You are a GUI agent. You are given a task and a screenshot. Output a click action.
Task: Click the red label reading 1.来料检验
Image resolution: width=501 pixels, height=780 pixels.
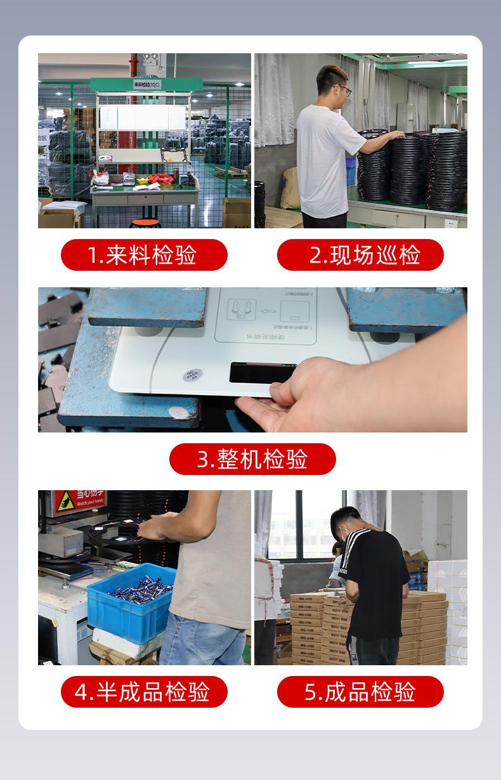(x=144, y=255)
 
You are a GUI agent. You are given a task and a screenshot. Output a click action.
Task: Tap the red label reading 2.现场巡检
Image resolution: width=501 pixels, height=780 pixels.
(x=360, y=255)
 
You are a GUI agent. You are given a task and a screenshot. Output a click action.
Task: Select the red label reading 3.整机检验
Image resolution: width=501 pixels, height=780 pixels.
(x=252, y=459)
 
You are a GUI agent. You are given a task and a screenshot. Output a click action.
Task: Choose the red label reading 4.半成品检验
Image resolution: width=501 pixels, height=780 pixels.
(x=144, y=692)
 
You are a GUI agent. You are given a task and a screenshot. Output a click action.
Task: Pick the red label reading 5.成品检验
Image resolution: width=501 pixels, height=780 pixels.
(x=360, y=692)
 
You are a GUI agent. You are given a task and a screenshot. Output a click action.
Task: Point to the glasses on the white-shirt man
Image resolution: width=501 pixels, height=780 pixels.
(x=344, y=89)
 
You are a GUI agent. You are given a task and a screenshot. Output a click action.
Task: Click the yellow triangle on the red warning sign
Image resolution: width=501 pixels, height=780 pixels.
(x=65, y=501)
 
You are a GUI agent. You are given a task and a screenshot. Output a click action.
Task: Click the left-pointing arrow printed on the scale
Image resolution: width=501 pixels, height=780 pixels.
(x=268, y=311)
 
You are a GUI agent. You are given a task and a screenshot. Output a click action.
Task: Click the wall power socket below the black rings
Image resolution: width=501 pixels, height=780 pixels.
(x=451, y=223)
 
